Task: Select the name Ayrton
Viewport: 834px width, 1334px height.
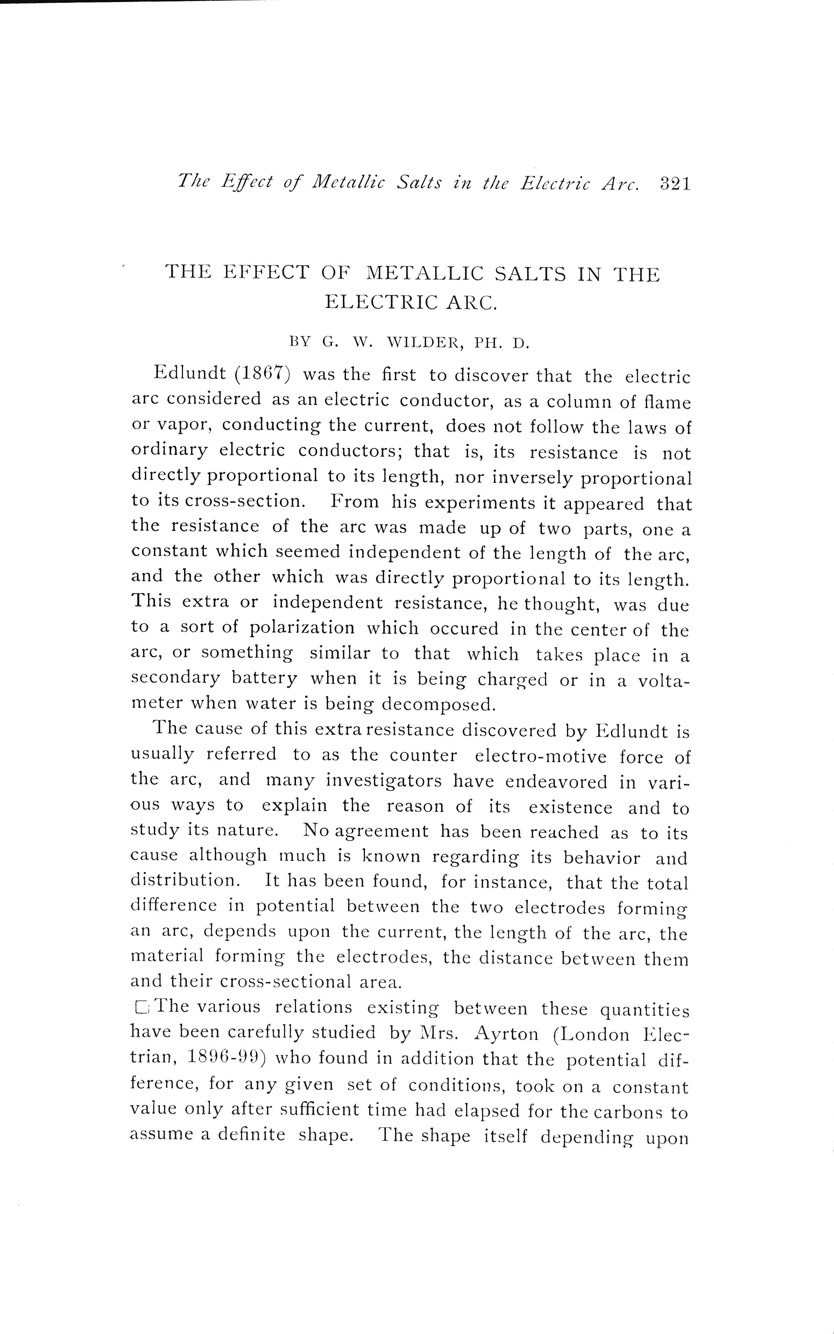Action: pyautogui.click(x=506, y=1033)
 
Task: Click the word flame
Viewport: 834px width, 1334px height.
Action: pyautogui.click(x=667, y=402)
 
